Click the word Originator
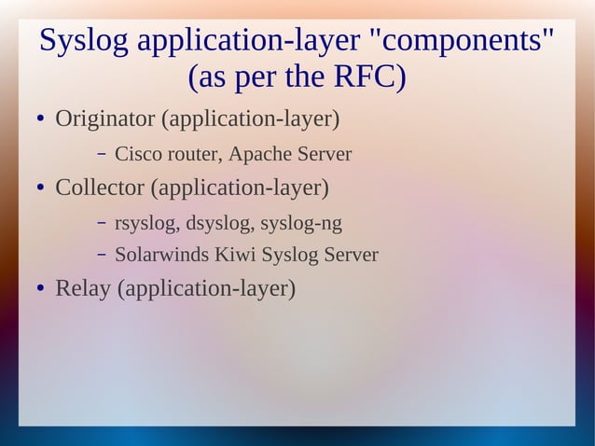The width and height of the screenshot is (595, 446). (104, 119)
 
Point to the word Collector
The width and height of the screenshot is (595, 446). (101, 188)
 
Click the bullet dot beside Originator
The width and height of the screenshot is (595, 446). (31, 121)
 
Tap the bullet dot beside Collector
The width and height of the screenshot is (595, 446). (31, 189)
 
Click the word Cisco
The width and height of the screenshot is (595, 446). (136, 154)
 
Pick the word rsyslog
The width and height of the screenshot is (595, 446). (146, 223)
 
